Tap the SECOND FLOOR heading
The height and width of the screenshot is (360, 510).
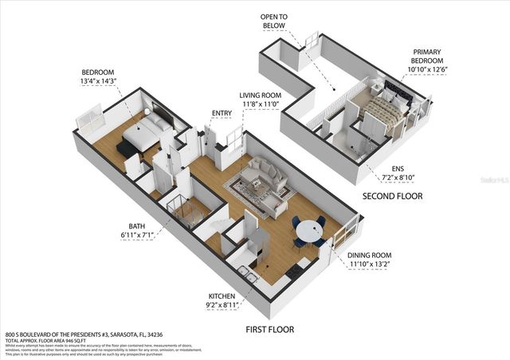click(392, 195)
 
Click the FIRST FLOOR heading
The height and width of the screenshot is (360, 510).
click(269, 329)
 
